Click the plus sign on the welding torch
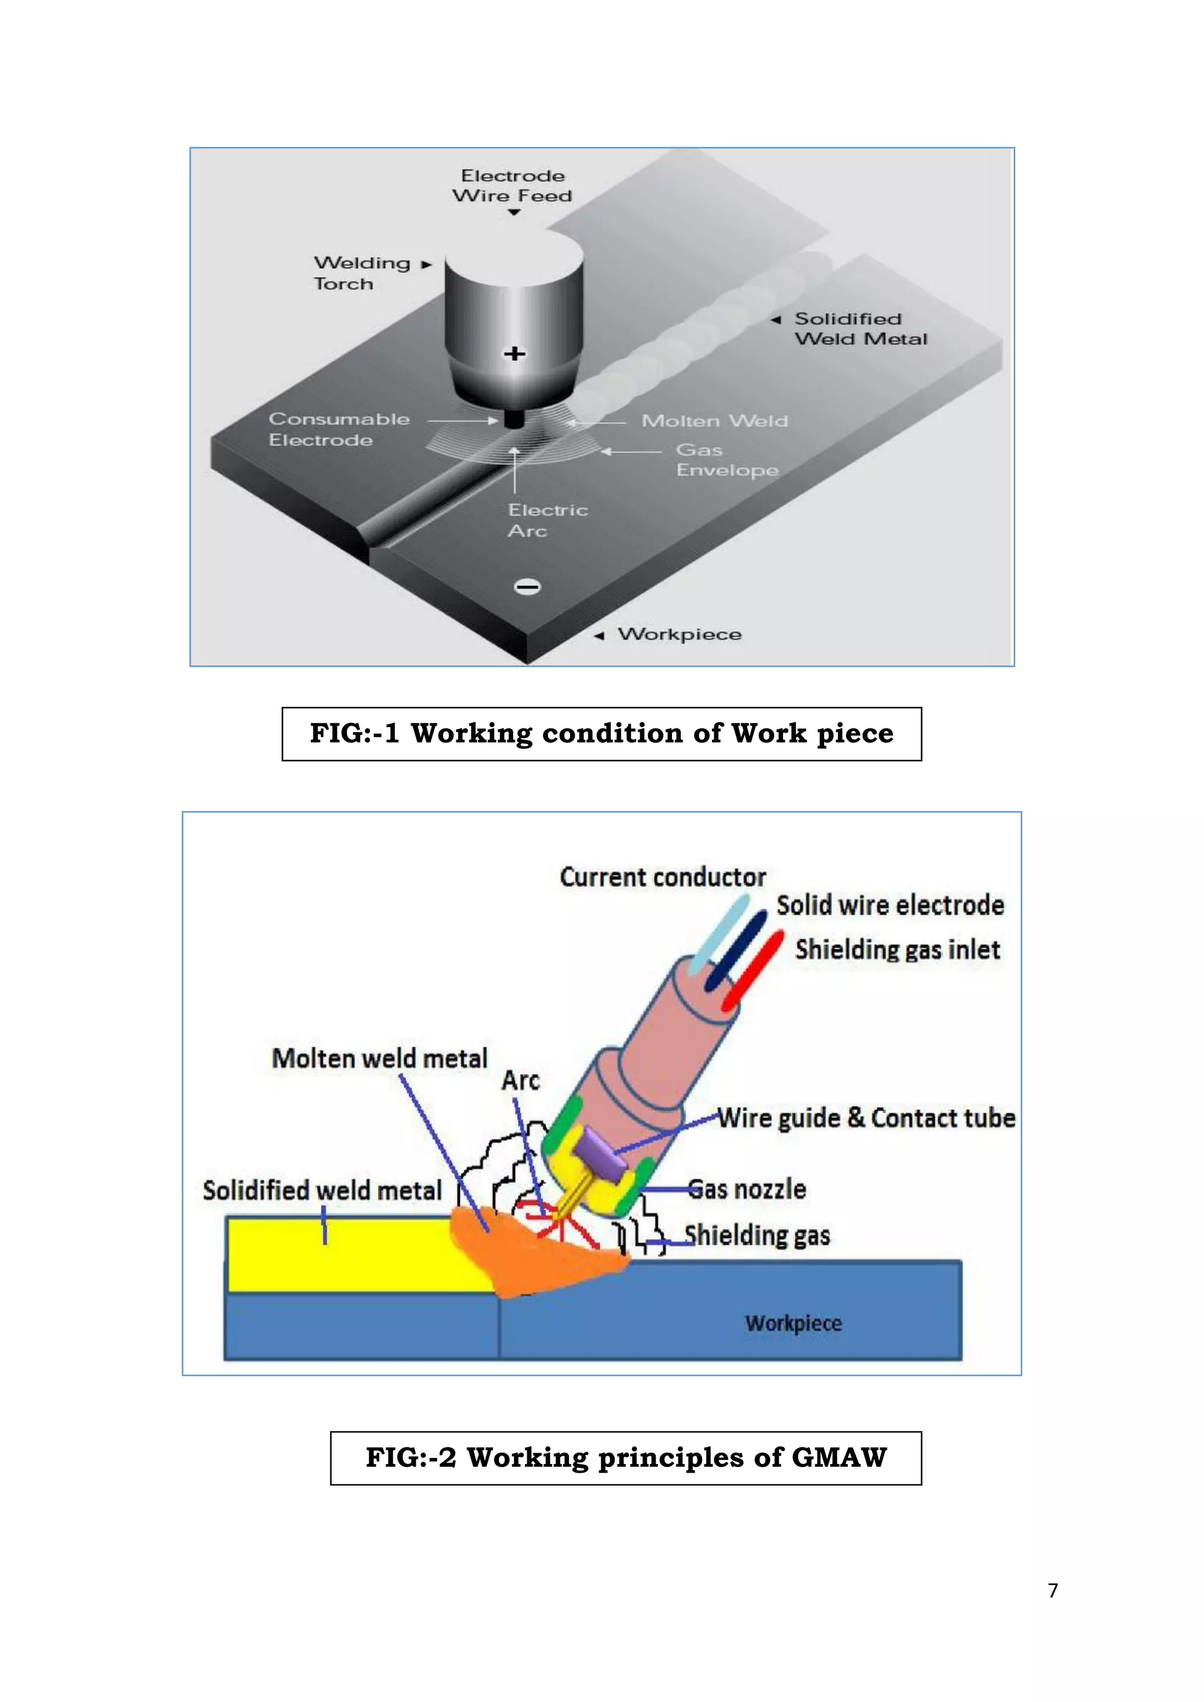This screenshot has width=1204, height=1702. click(x=514, y=354)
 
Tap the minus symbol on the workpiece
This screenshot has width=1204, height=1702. click(x=527, y=587)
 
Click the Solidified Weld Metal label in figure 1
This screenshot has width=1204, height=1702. click(x=860, y=329)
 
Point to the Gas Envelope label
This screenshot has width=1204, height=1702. click(x=727, y=460)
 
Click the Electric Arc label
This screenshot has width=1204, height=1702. click(x=547, y=520)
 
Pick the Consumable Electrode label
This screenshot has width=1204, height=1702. click(x=339, y=429)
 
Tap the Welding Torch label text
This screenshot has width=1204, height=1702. click(x=361, y=273)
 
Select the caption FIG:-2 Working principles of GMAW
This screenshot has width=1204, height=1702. click(x=626, y=1458)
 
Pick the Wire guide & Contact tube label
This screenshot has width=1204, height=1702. click(x=866, y=1118)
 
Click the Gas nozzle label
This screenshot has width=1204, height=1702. click(x=747, y=1189)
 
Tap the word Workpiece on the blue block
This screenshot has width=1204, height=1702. click(x=793, y=1322)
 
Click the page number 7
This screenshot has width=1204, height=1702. click(x=1053, y=1591)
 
